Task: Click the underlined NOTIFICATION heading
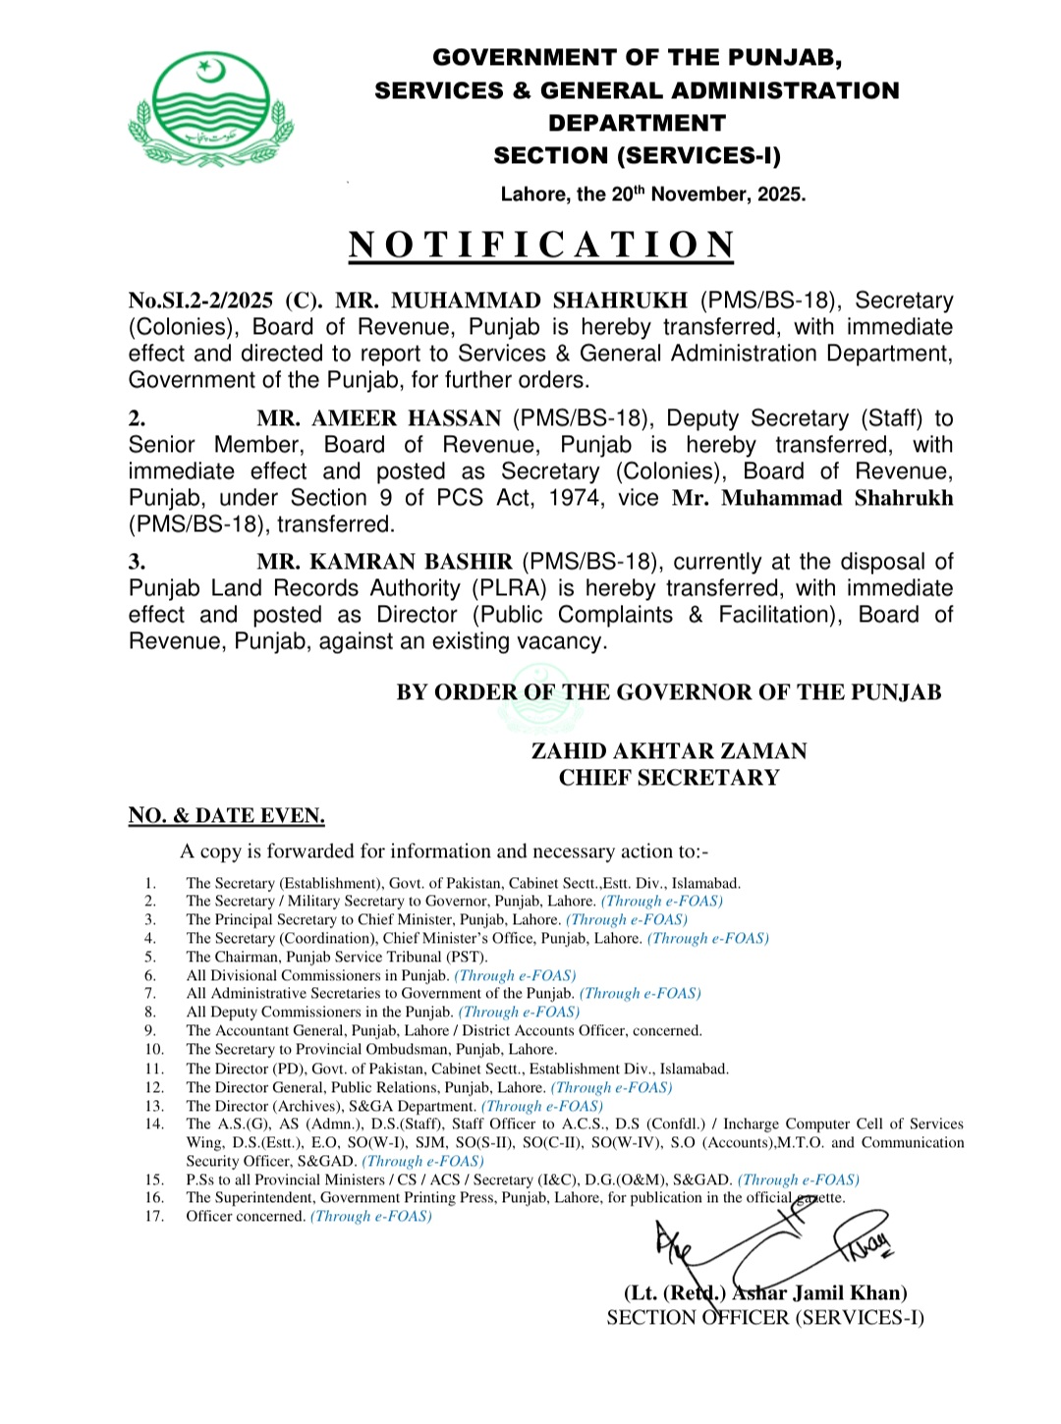pyautogui.click(x=541, y=245)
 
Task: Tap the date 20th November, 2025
pyautogui.click(x=707, y=193)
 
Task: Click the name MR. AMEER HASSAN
pyautogui.click(x=379, y=418)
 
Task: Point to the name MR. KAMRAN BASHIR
pyautogui.click(x=384, y=562)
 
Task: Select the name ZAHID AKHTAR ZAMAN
pyautogui.click(x=668, y=751)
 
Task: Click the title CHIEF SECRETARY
pyautogui.click(x=668, y=778)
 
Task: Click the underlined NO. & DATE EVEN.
pyautogui.click(x=226, y=816)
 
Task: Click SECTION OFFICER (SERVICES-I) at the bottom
pyautogui.click(x=764, y=1318)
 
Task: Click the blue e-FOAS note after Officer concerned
pyautogui.click(x=371, y=1216)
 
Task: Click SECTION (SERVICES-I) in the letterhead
pyautogui.click(x=637, y=155)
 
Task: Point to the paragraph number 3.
pyautogui.click(x=137, y=562)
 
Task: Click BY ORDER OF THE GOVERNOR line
pyautogui.click(x=668, y=692)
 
